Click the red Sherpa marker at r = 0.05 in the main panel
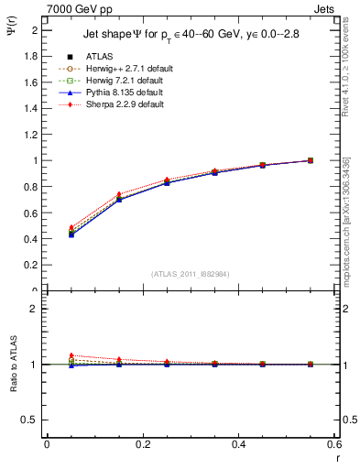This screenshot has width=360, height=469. pos(71,227)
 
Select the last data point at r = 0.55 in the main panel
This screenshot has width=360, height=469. pos(310,160)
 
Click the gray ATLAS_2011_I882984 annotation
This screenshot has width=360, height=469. pos(189,274)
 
